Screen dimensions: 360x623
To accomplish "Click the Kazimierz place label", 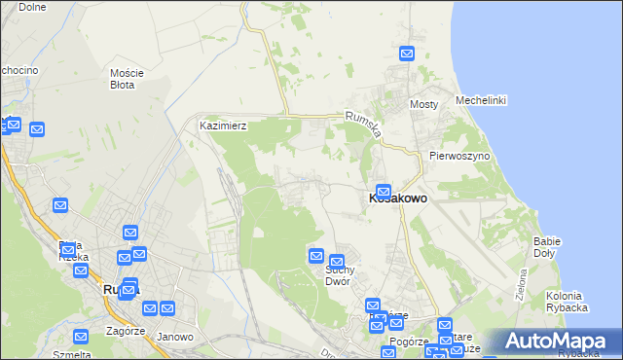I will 223,126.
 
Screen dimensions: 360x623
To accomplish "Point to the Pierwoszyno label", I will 458,156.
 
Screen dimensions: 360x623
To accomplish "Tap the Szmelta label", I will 72,354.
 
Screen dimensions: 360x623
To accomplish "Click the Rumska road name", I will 362,124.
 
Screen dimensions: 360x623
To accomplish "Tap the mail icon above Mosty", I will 406,54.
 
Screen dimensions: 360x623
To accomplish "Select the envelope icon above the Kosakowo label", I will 384,192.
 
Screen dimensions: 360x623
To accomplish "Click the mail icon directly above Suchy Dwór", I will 337,261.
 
